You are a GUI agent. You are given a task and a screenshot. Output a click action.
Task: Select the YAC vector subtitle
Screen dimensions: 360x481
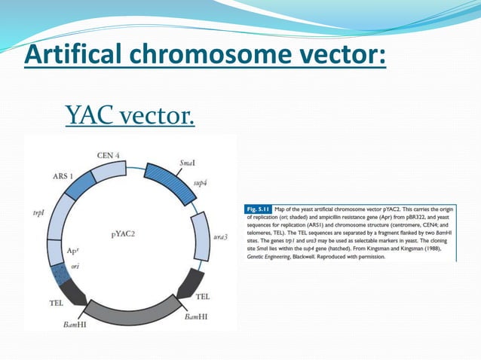pyautogui.click(x=130, y=115)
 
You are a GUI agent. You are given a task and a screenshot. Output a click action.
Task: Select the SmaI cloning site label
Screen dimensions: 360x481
pyautogui.click(x=190, y=162)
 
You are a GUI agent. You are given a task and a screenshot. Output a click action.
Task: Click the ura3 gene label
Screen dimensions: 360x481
pyautogui.click(x=222, y=236)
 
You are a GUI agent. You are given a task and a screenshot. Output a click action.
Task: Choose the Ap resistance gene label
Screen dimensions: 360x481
pyautogui.click(x=72, y=251)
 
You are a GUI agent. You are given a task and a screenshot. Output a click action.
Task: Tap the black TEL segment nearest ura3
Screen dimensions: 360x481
pyautogui.click(x=190, y=283)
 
